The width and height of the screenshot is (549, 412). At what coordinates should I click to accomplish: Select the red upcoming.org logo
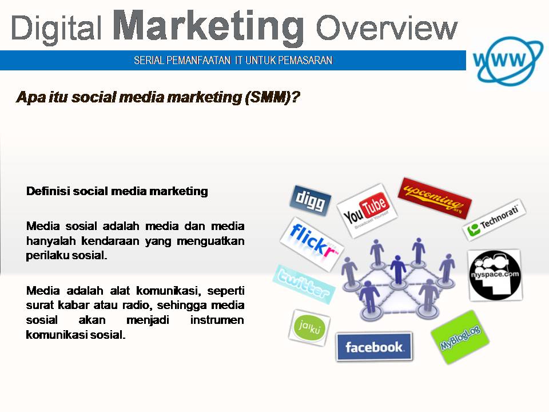coord(435,197)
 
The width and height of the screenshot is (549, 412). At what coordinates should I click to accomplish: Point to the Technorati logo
coord(494,220)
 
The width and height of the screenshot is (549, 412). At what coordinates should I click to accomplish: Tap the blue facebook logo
coord(374,347)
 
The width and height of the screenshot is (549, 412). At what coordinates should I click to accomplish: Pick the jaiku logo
coord(309,327)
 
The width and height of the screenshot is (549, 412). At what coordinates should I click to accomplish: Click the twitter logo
coord(303,284)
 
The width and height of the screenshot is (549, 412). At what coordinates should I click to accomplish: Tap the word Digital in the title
coord(57,29)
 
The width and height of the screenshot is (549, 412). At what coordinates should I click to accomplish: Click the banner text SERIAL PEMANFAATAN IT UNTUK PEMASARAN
coord(233,60)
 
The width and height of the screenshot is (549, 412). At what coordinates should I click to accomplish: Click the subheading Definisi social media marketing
coord(117,191)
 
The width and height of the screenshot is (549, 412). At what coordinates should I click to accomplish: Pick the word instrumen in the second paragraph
coord(217,320)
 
